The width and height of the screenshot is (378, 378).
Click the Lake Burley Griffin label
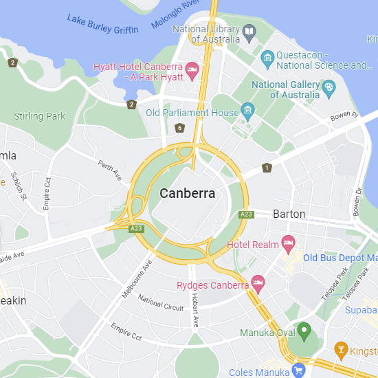pos(102,23)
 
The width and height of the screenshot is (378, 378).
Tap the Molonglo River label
pos(176,14)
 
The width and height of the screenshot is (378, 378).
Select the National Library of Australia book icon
pos(249,31)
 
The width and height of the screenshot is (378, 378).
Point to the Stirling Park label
pos(39,116)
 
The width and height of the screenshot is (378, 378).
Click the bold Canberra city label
pos(188,193)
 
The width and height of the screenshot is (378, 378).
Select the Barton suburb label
pos(289,214)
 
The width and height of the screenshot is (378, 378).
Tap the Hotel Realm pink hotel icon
pos(289,243)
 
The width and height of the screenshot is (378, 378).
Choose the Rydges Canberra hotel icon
pos(258,282)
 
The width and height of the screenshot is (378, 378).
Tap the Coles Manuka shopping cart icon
pos(298,370)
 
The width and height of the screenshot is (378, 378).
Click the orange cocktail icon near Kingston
pos(340,351)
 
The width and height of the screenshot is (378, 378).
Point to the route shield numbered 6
pos(179,128)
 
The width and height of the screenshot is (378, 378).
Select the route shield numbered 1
pos(267,168)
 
